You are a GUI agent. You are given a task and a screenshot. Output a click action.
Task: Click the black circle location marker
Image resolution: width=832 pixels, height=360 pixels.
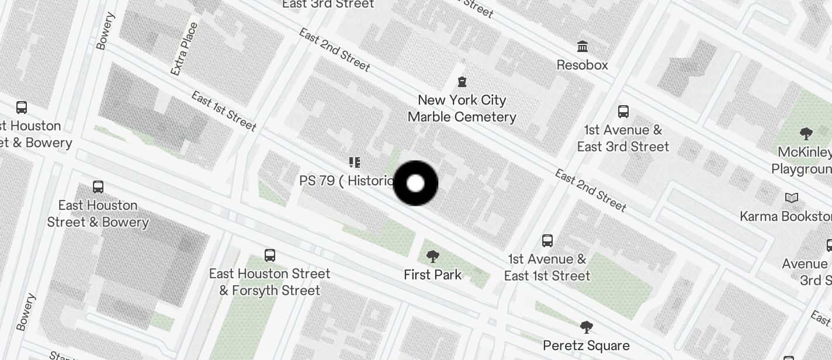tap(415, 184)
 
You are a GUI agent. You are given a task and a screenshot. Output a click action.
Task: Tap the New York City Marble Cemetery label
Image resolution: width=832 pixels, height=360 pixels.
tap(462, 108)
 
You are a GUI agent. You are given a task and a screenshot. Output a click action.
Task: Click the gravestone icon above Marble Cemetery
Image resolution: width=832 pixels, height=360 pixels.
tap(462, 81)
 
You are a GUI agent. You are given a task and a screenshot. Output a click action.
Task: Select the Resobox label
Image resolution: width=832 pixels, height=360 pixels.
tap(582, 65)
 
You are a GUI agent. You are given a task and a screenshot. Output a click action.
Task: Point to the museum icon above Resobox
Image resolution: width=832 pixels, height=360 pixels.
tap(582, 46)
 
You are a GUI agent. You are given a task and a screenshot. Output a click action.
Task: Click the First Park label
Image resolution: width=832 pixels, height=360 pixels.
tap(432, 275)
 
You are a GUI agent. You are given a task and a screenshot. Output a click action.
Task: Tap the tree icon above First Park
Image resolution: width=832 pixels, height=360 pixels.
tap(433, 256)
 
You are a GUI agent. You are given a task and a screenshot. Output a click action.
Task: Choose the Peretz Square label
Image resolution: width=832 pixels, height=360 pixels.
tap(586, 345)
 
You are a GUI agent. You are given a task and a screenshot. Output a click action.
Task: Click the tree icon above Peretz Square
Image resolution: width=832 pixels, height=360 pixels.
tap(587, 327)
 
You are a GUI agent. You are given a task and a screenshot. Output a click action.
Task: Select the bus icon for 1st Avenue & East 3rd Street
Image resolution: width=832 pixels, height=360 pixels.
tap(623, 111)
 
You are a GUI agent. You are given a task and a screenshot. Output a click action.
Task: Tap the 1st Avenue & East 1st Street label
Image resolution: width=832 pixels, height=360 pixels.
tap(547, 267)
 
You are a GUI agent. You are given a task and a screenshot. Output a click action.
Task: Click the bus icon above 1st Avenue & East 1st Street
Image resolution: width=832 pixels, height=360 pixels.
tap(547, 240)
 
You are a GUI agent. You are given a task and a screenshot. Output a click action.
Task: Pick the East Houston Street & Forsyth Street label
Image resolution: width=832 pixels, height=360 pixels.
tap(269, 282)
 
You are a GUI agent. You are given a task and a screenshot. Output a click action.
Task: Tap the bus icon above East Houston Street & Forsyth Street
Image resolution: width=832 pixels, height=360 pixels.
tap(269, 255)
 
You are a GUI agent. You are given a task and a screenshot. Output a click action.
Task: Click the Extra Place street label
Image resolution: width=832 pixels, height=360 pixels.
tap(184, 49)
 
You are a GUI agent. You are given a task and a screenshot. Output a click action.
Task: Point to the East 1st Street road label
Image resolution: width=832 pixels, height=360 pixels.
tap(224, 110)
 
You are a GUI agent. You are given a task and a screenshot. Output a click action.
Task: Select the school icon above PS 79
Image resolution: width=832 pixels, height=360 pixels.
tap(354, 162)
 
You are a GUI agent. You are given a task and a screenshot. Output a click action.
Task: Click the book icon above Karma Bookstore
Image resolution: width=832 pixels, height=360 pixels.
tap(792, 198)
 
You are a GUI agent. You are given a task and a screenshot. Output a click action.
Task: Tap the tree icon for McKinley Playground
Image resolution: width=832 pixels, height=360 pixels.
tap(806, 134)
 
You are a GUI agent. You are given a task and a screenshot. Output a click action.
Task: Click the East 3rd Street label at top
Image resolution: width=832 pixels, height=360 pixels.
tap(328, 4)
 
